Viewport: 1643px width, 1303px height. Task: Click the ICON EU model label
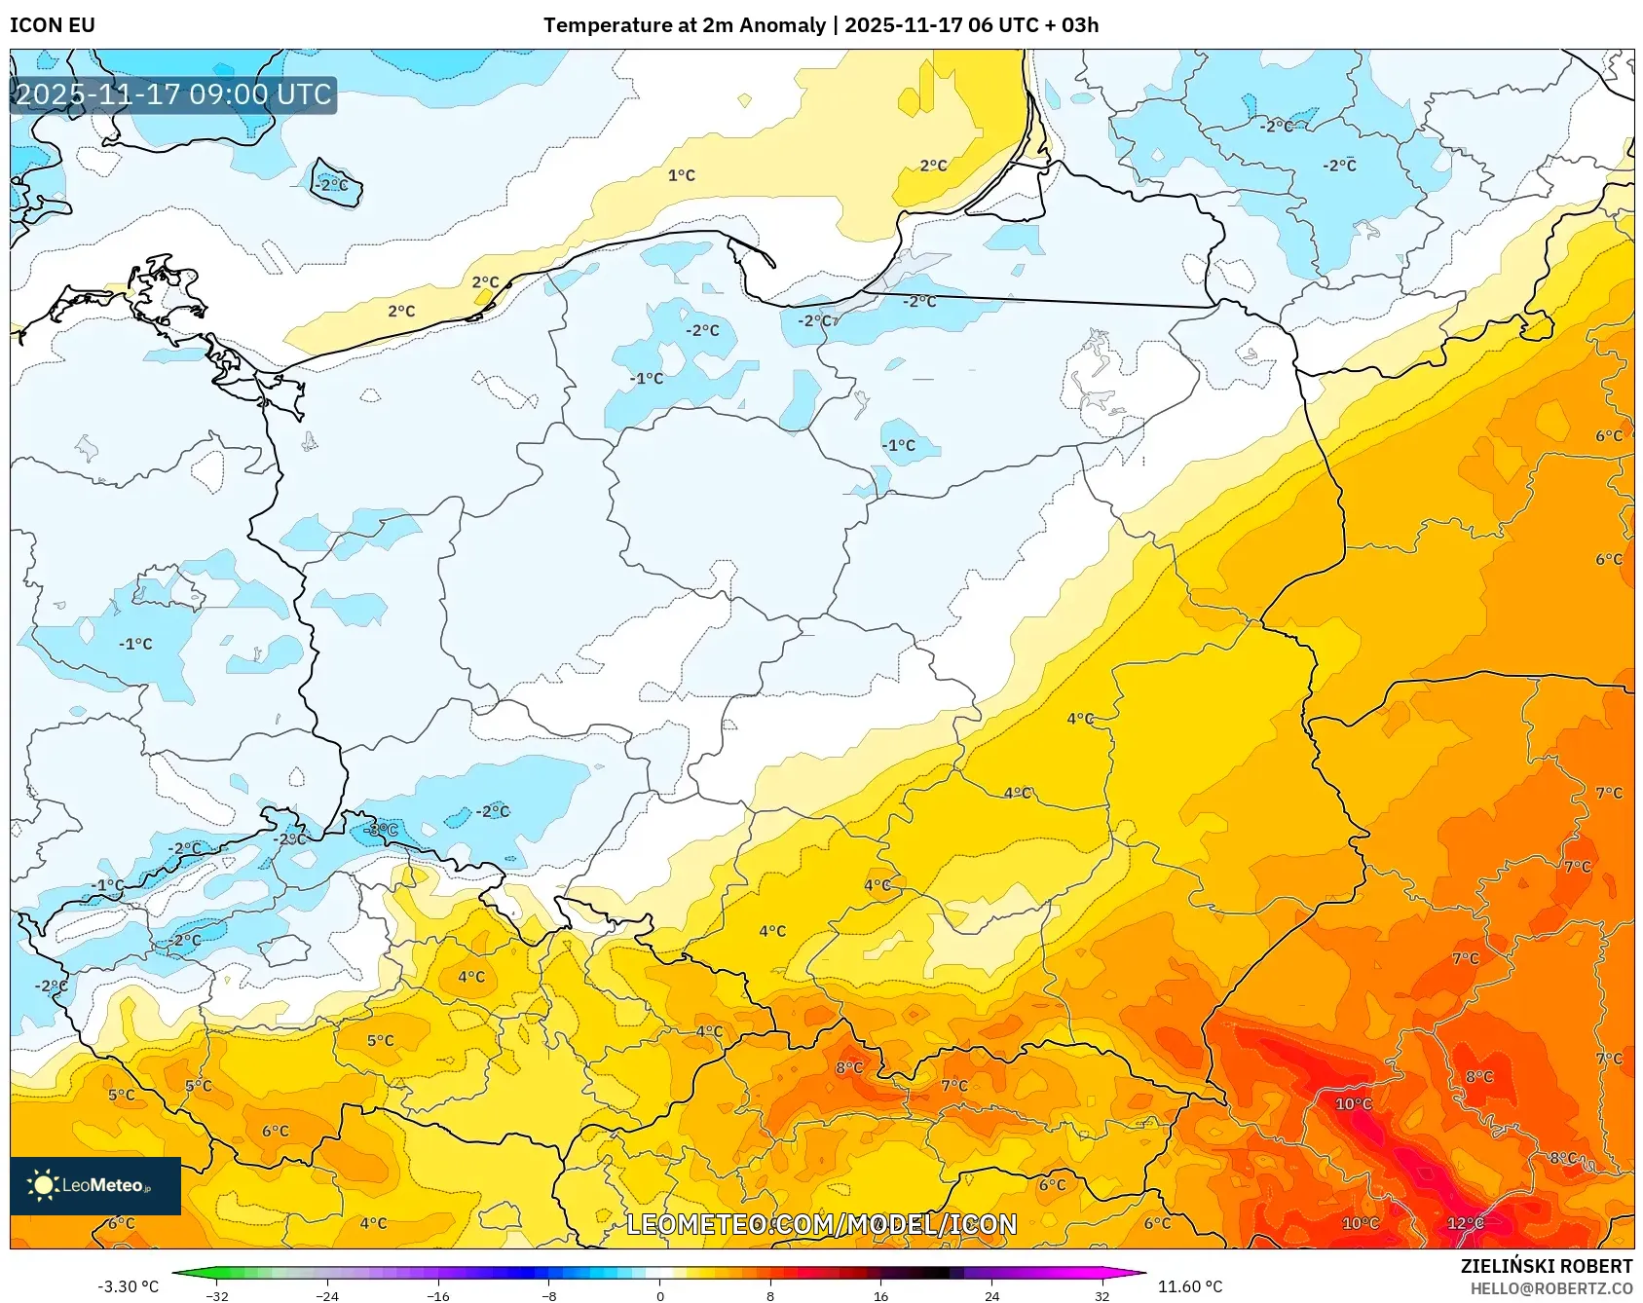coord(53,25)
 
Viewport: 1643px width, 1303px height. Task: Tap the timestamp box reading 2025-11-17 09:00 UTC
coord(173,94)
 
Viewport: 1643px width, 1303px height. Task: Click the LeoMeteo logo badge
coord(95,1185)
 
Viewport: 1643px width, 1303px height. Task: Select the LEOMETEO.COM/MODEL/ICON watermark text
coord(821,1224)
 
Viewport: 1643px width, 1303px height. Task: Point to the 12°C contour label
coord(1465,1223)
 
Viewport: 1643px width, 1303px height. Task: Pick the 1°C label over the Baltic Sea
coord(681,175)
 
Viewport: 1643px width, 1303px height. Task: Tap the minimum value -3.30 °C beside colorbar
coord(128,1286)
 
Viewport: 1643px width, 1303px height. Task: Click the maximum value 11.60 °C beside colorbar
coord(1189,1286)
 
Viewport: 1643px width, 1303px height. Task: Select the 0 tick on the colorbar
coord(660,1295)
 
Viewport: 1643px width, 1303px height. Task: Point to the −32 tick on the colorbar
coord(217,1295)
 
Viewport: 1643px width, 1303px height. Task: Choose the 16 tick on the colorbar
coord(880,1295)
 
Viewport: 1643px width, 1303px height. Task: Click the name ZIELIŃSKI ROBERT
coord(1546,1266)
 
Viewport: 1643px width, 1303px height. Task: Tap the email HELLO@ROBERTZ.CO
coord(1550,1288)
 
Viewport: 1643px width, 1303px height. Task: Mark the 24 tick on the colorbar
coord(991,1295)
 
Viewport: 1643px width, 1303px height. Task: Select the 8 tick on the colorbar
coord(770,1295)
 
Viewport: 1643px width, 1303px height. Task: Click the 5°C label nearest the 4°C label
coord(380,1040)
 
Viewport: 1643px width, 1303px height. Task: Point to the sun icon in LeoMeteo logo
coord(43,1185)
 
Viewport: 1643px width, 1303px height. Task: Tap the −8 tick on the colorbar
coord(549,1295)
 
